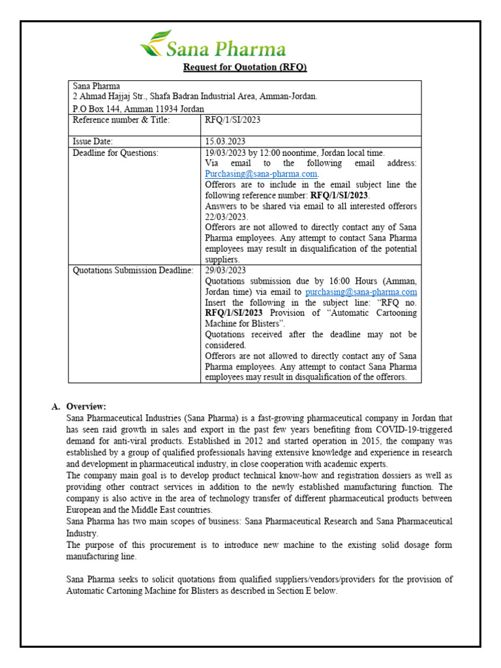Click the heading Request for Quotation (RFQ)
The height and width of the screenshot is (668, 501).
tap(245, 67)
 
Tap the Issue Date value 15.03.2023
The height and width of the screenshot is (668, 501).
tap(225, 141)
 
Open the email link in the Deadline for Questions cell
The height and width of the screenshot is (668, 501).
tap(261, 174)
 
